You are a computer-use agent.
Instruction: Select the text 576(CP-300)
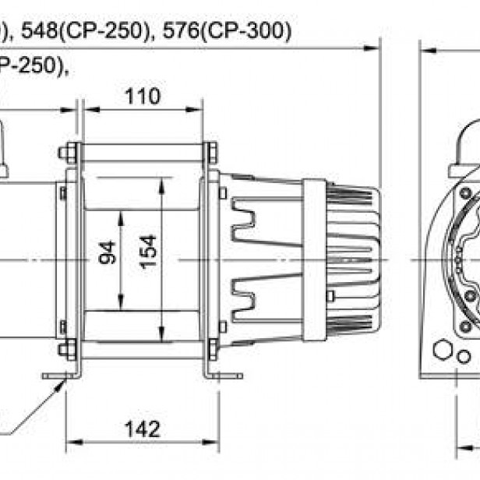234,32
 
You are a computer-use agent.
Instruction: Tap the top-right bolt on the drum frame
211,153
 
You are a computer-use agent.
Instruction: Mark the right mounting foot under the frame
221,376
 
